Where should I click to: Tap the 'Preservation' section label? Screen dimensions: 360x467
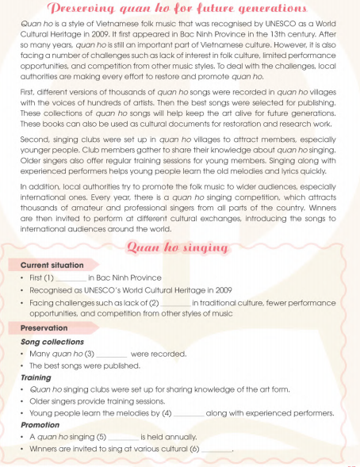point(44,328)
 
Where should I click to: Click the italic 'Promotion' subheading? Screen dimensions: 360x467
point(40,425)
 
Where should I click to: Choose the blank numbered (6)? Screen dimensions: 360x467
point(216,450)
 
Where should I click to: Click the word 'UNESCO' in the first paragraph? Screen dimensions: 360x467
point(265,25)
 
